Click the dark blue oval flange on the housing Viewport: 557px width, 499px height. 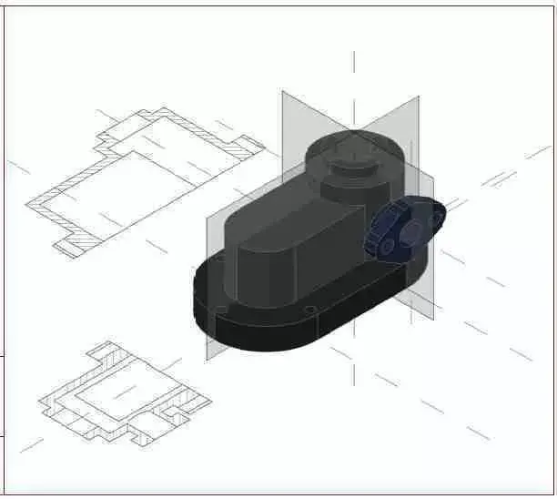click(x=405, y=229)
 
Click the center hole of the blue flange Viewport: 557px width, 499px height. click(x=410, y=229)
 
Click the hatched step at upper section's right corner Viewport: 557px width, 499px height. click(x=244, y=146)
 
